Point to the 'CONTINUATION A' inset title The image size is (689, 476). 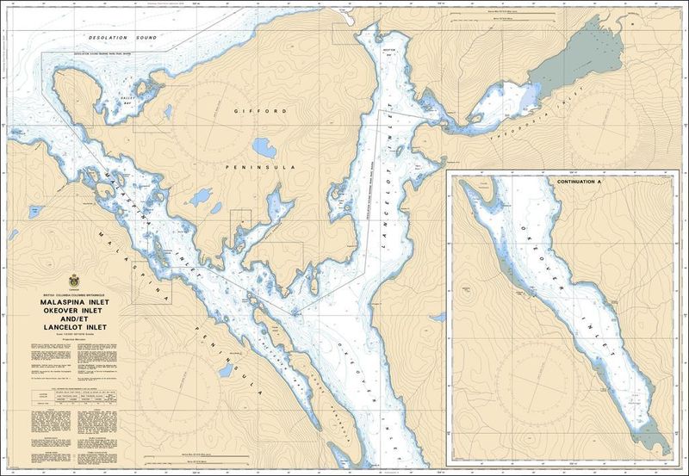[581, 182]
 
